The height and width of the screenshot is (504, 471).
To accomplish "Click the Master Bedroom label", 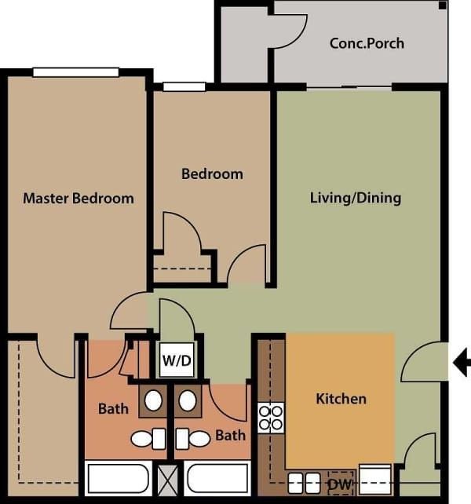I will pyautogui.click(x=78, y=198).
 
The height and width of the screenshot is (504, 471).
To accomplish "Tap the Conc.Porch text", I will pyautogui.click(x=367, y=42).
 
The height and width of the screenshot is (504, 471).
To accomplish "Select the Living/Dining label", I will pyautogui.click(x=356, y=198).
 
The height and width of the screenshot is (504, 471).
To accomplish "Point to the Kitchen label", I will pyautogui.click(x=341, y=399).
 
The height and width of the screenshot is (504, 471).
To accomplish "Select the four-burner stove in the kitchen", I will pyautogui.click(x=271, y=418).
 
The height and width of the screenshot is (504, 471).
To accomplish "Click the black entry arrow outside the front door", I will pyautogui.click(x=462, y=362).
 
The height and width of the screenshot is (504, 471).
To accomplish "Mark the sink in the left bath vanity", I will pyautogui.click(x=153, y=401).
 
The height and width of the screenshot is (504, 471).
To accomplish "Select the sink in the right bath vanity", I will pyautogui.click(x=187, y=401).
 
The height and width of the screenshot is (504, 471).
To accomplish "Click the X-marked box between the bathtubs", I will pyautogui.click(x=168, y=477).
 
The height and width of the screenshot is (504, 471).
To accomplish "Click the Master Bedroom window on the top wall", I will pyautogui.click(x=76, y=72).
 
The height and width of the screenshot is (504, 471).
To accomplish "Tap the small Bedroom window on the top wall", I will pyautogui.click(x=184, y=86).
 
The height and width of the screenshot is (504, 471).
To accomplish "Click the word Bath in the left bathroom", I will pyautogui.click(x=113, y=409).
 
